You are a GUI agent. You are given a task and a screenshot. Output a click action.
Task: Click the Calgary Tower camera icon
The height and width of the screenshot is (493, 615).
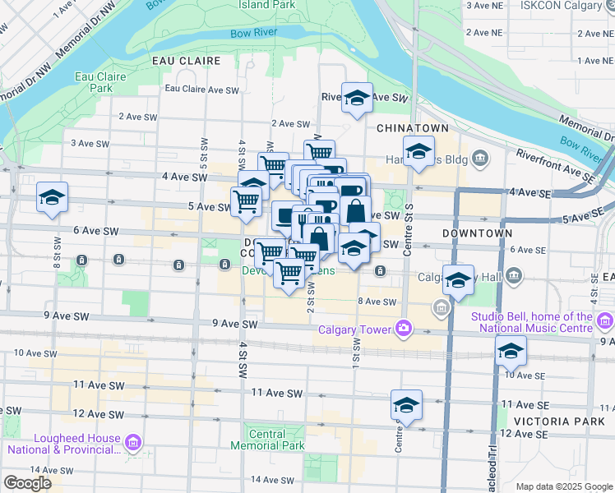[404, 329]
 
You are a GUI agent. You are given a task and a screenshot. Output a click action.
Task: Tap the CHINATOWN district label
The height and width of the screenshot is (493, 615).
[413, 129]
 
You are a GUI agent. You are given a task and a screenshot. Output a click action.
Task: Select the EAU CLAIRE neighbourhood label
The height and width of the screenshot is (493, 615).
[187, 61]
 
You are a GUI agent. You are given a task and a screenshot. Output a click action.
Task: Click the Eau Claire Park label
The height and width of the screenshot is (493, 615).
[94, 81]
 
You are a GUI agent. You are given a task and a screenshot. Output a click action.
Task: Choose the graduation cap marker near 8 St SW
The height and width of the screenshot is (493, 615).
[52, 197]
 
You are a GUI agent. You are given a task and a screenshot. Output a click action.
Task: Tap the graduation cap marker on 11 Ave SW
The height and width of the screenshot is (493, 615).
[406, 404]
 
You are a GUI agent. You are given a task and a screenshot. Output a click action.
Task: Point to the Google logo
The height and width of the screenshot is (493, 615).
[28, 484]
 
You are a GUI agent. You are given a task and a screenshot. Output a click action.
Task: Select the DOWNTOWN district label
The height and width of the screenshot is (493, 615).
[478, 233]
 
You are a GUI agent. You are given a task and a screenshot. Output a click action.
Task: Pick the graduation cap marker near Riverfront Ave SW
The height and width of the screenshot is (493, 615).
[357, 98]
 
